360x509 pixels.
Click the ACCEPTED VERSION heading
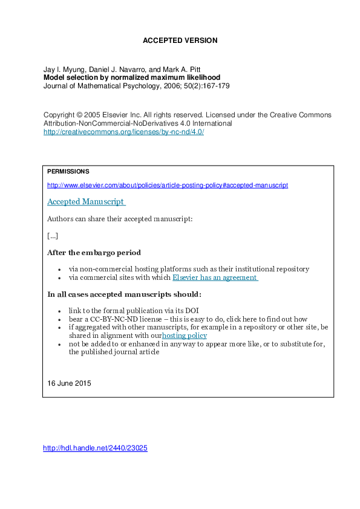pos(180,41)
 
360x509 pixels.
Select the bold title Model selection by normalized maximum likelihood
pos(132,77)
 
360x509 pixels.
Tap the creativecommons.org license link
pos(123,132)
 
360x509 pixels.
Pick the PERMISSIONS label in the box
pos(68,172)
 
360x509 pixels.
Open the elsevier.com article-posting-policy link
pos(167,185)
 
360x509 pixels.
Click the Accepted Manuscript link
pos(85,201)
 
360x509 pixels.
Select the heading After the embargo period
pos(94,252)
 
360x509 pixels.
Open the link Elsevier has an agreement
pos(215,277)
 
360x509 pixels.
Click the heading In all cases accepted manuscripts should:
pos(124,294)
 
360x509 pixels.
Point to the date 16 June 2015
pos(68,383)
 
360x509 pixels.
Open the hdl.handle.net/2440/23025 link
pos(96,449)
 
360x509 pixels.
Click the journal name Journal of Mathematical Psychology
pos(98,86)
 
